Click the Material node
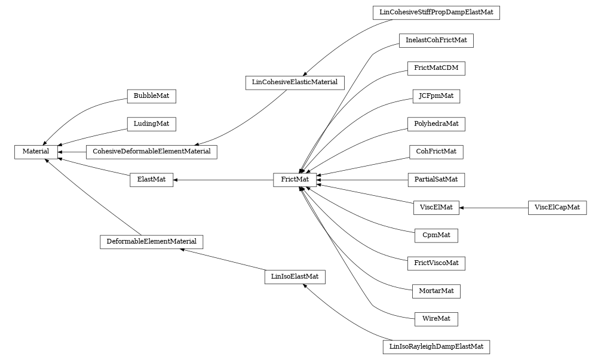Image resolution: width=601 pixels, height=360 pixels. (x=36, y=152)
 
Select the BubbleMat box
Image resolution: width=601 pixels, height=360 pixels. (x=151, y=96)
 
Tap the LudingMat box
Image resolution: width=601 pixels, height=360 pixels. (x=151, y=124)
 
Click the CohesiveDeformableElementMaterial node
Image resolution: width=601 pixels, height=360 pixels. (x=151, y=152)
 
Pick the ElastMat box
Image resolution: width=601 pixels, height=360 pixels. (x=151, y=180)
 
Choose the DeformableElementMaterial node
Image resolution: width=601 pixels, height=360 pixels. (x=151, y=242)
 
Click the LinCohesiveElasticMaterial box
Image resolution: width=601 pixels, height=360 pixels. (x=295, y=82)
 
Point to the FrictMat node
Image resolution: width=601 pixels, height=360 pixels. (x=295, y=180)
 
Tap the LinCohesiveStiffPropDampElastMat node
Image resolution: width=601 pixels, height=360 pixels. (x=436, y=13)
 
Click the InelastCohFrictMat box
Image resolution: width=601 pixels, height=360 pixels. (x=436, y=41)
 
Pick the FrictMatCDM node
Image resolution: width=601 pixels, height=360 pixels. (x=436, y=68)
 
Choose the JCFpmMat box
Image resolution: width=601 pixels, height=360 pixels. (x=436, y=96)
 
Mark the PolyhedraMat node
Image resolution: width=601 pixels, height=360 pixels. (x=436, y=124)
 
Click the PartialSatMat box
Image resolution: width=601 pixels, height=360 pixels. (x=436, y=180)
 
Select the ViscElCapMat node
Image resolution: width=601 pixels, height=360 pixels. (x=557, y=208)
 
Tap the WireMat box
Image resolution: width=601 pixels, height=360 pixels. (x=436, y=319)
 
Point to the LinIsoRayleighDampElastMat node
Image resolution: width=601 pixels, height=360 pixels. (x=436, y=347)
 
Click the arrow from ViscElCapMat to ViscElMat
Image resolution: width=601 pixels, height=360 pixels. (x=493, y=208)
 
